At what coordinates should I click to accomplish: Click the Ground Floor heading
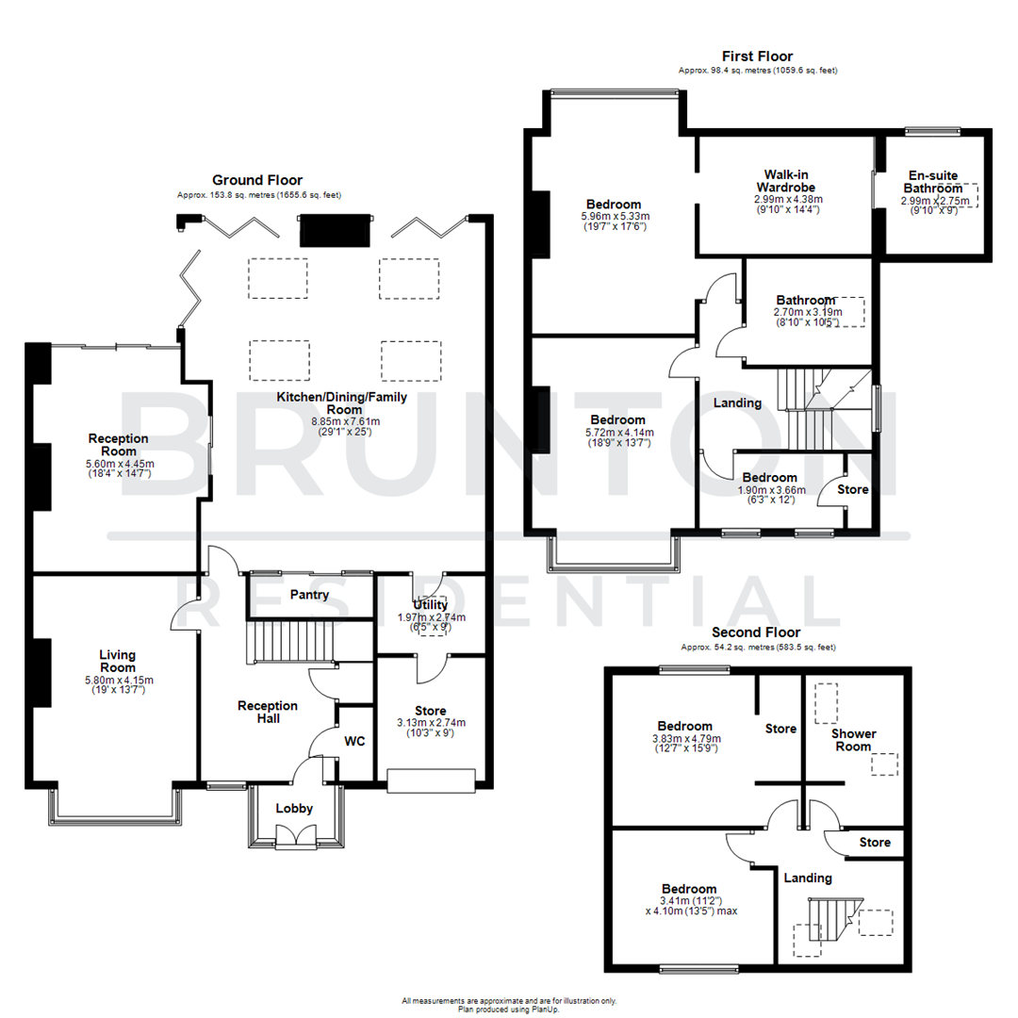click(256, 180)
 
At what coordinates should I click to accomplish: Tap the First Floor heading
click(757, 57)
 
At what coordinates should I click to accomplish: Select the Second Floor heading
click(756, 632)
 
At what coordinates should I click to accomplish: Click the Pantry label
click(309, 595)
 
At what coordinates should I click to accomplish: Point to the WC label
click(353, 742)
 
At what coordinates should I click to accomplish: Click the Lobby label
click(294, 809)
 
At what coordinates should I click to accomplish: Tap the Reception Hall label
click(267, 713)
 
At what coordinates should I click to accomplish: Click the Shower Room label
click(853, 741)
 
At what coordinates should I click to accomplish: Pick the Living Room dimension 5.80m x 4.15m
click(118, 680)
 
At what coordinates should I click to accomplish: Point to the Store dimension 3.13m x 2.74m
click(430, 722)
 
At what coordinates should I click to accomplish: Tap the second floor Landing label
click(808, 878)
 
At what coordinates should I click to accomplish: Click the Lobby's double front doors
click(294, 836)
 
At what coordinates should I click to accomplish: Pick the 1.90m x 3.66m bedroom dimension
click(769, 490)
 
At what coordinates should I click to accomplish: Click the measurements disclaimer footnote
click(509, 1001)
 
